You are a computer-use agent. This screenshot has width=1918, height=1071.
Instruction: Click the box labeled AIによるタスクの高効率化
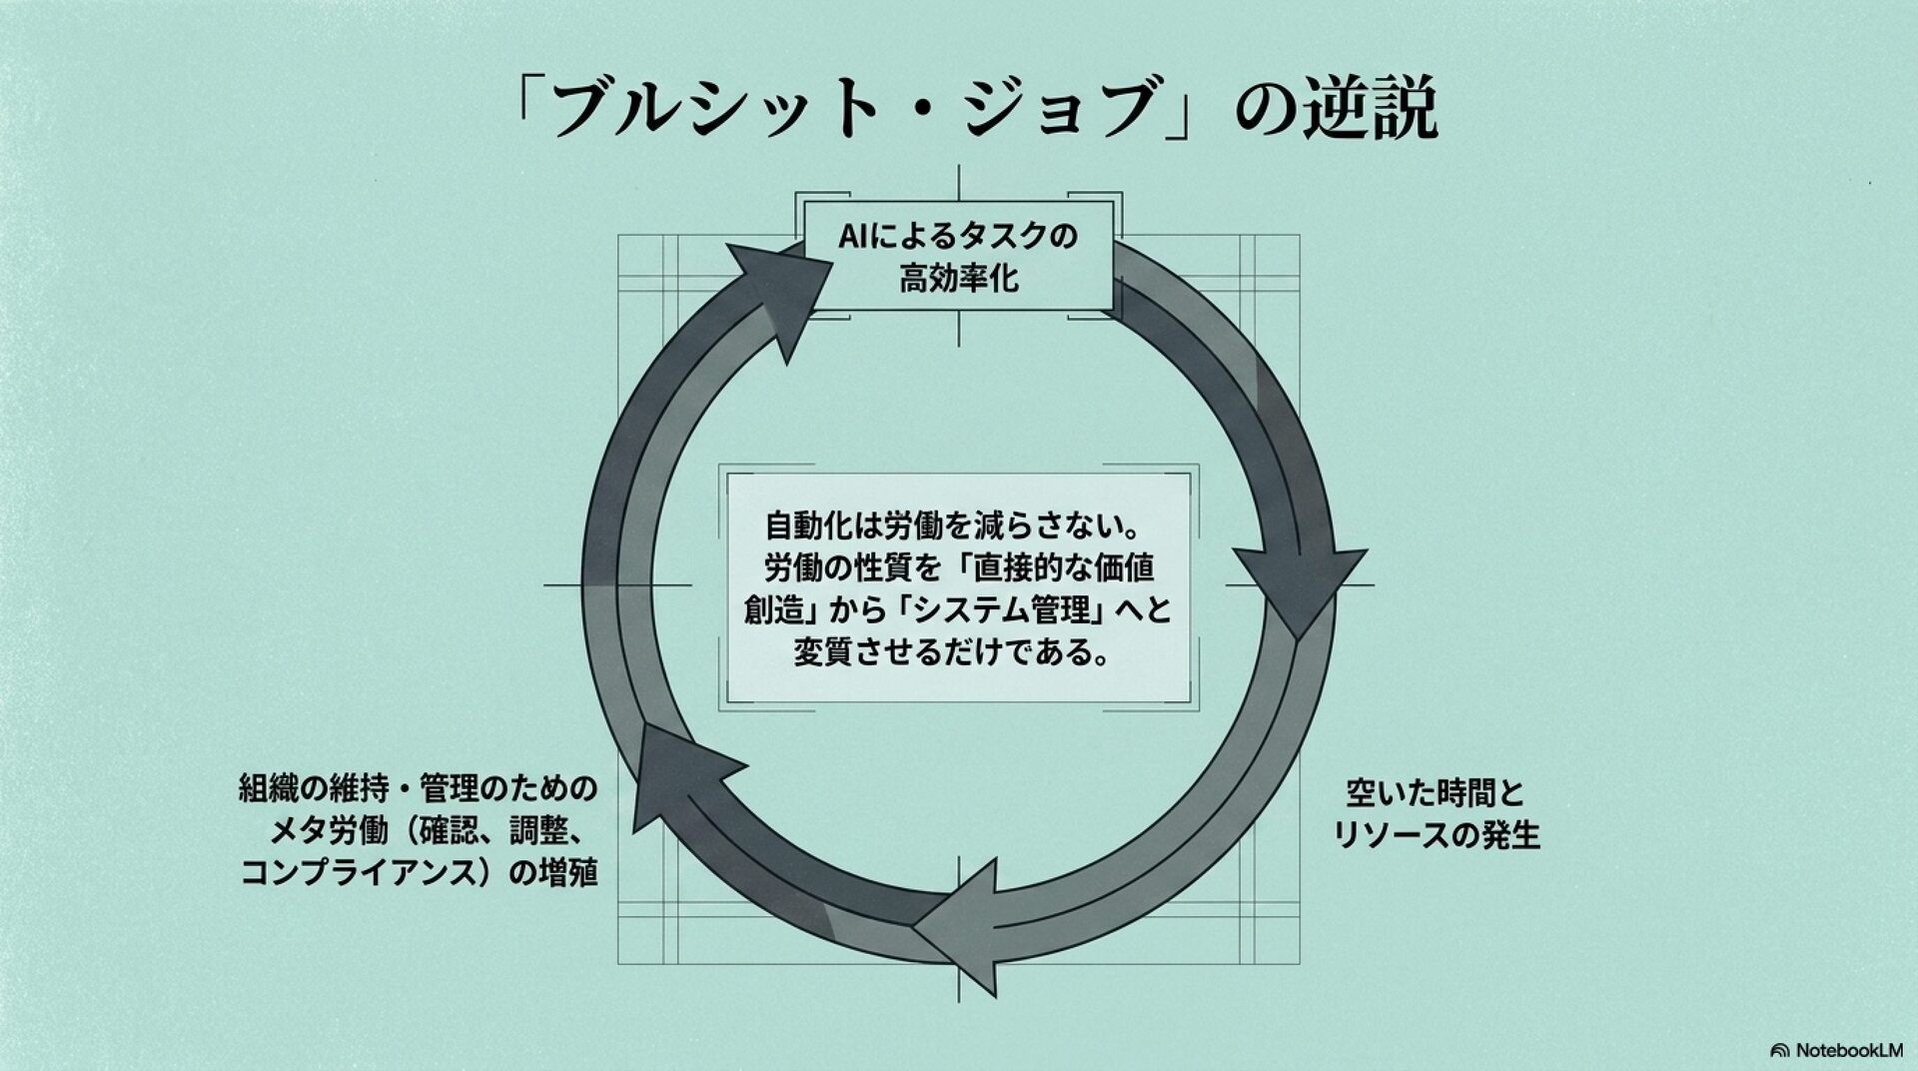click(959, 256)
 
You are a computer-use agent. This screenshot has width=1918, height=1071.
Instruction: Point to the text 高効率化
click(959, 277)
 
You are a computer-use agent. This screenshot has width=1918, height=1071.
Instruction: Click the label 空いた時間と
click(1437, 794)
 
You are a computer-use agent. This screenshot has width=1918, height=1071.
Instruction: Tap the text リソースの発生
click(1437, 834)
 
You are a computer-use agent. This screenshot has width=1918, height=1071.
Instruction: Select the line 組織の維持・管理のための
click(418, 788)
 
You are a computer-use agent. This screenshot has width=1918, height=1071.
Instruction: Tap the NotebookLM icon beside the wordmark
click(1779, 1051)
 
